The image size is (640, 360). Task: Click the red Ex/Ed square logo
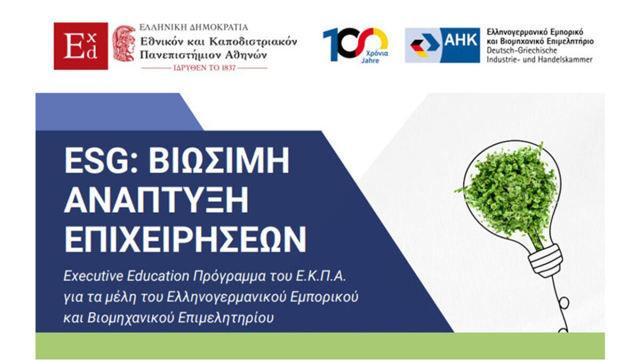pos(81,46)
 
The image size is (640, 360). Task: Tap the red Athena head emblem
pos(124,43)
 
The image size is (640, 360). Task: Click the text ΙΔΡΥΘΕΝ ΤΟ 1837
pos(205,68)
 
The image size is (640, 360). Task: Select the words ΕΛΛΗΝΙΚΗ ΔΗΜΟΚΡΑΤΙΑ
pos(194,27)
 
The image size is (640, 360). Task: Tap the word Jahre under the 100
pos(370,61)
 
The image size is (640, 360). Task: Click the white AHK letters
pos(461,40)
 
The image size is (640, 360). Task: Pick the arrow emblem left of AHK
pos(423,45)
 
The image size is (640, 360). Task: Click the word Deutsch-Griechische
pos(522,50)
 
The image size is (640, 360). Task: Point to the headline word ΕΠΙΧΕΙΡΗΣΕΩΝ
pos(185,239)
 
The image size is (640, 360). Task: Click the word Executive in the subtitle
pos(93,276)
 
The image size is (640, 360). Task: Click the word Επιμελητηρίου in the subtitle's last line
pos(226,318)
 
